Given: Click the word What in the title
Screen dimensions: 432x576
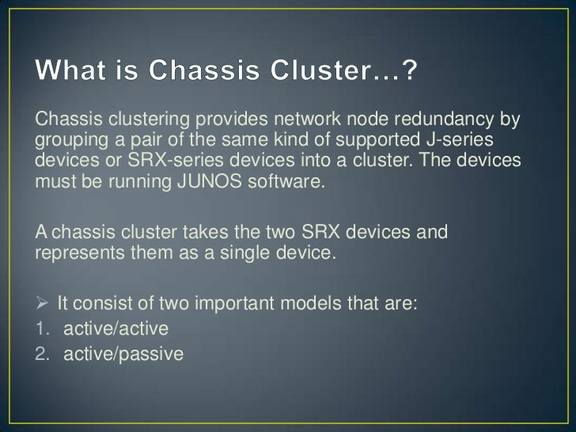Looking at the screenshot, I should pos(73,74).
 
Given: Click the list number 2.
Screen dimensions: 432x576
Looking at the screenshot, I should pos(40,353).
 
